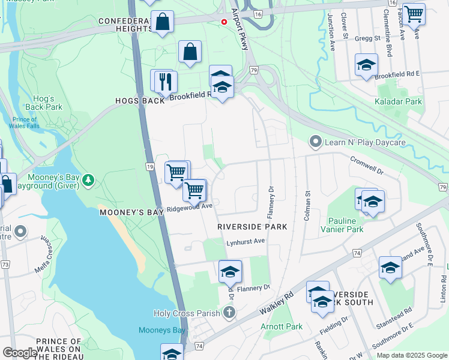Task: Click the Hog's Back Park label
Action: pyautogui.click(x=43, y=103)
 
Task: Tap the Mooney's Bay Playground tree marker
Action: pyautogui.click(x=88, y=179)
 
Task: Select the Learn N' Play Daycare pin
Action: pyautogui.click(x=316, y=142)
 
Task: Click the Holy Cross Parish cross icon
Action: pyautogui.click(x=228, y=313)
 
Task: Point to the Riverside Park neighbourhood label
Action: pyautogui.click(x=252, y=227)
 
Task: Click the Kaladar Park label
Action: pyautogui.click(x=399, y=101)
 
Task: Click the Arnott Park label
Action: pyautogui.click(x=282, y=326)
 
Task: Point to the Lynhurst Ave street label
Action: pyautogui.click(x=246, y=241)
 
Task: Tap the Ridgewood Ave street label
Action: pyautogui.click(x=190, y=208)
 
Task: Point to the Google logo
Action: pyautogui.click(x=19, y=353)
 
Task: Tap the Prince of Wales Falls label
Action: pyautogui.click(x=24, y=122)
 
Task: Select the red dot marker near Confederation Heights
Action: pyautogui.click(x=224, y=22)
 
